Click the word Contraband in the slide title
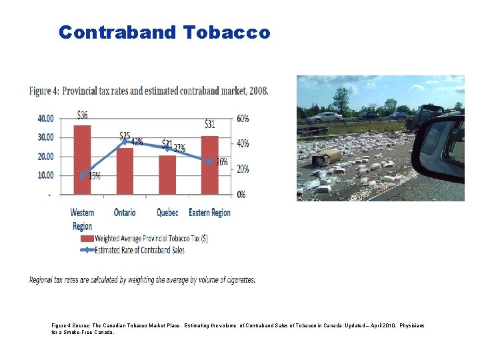pos(117,32)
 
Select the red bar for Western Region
pos(83,160)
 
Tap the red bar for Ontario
pos(125,171)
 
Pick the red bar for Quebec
pos(167,175)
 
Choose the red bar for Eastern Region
pos(209,165)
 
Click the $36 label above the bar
pos(82,115)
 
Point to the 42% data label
pos(137,141)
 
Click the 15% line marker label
pos(95,176)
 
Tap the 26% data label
pos(221,161)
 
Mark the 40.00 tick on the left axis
pos(46,119)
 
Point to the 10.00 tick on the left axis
pos(46,175)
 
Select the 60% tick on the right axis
pos(243,119)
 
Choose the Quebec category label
pos(167,213)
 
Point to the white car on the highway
pos(325,117)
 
